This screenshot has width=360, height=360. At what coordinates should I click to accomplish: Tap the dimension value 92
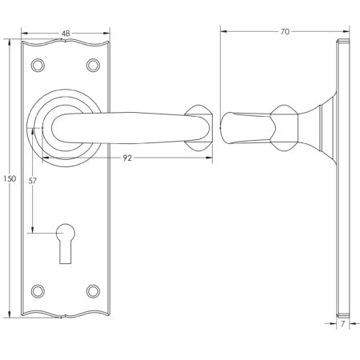click(127, 158)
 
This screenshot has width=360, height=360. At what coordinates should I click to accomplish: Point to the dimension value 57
click(30, 181)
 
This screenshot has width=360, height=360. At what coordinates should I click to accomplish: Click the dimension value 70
click(284, 32)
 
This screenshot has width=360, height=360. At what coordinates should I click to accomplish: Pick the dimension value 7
click(342, 326)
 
